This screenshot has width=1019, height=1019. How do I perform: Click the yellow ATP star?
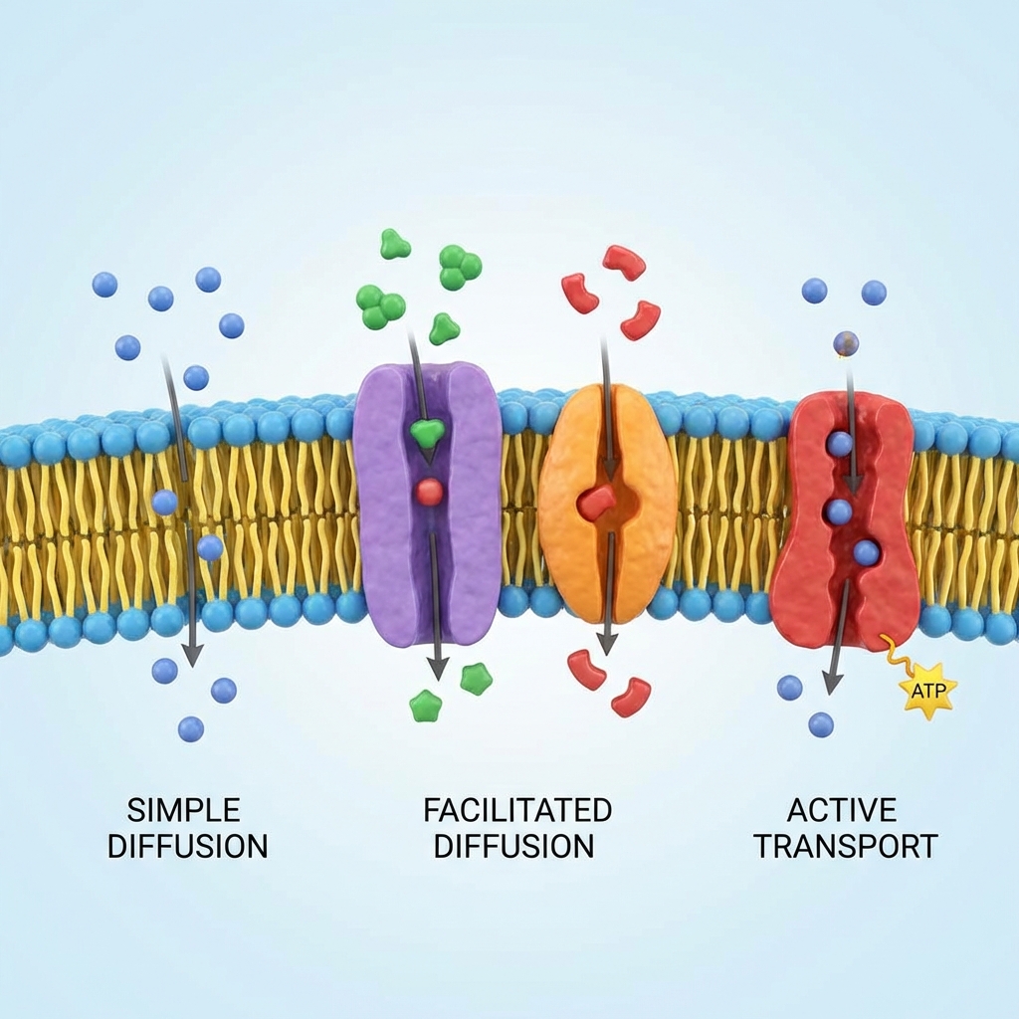click(927, 689)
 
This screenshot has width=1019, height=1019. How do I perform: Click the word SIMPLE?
click(184, 809)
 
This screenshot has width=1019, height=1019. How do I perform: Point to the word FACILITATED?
click(517, 809)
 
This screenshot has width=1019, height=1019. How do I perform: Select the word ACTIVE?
click(842, 809)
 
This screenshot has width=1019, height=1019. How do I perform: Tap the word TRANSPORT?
click(845, 847)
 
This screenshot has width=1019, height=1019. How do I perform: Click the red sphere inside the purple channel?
click(429, 492)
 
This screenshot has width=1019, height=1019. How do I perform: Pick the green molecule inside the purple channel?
click(427, 432)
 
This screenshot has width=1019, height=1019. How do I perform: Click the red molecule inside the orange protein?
click(597, 503)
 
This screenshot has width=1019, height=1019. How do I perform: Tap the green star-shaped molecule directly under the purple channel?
click(426, 707)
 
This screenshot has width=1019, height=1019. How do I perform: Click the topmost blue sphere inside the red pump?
click(840, 444)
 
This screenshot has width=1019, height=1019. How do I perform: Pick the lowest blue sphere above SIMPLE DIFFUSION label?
click(191, 729)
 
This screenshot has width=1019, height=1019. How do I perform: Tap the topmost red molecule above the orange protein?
click(624, 261)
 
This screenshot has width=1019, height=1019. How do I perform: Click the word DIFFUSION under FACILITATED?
click(513, 847)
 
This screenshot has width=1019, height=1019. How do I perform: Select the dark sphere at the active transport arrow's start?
click(846, 344)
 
